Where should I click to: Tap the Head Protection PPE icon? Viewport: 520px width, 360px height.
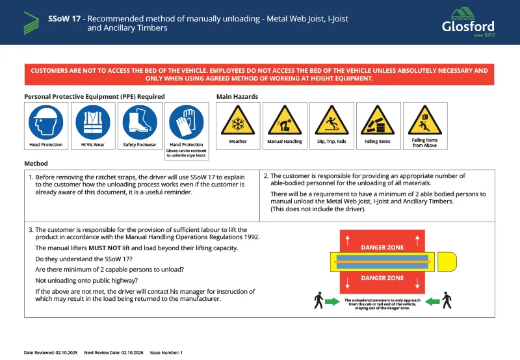click(x=46, y=122)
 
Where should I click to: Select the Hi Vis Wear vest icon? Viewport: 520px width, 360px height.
click(x=93, y=122)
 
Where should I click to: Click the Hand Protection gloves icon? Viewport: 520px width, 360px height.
click(x=187, y=122)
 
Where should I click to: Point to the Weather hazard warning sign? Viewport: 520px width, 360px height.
click(x=237, y=121)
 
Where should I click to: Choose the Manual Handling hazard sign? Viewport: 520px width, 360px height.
click(x=285, y=121)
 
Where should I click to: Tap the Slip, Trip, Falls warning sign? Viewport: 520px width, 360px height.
click(x=331, y=121)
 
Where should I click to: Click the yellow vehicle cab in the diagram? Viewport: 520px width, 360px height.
click(x=447, y=263)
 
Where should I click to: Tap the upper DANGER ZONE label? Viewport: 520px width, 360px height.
click(x=382, y=247)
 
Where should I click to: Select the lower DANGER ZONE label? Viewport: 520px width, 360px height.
click(x=382, y=277)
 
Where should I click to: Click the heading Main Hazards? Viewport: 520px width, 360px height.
click(x=237, y=96)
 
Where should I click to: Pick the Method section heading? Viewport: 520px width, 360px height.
click(x=36, y=163)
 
